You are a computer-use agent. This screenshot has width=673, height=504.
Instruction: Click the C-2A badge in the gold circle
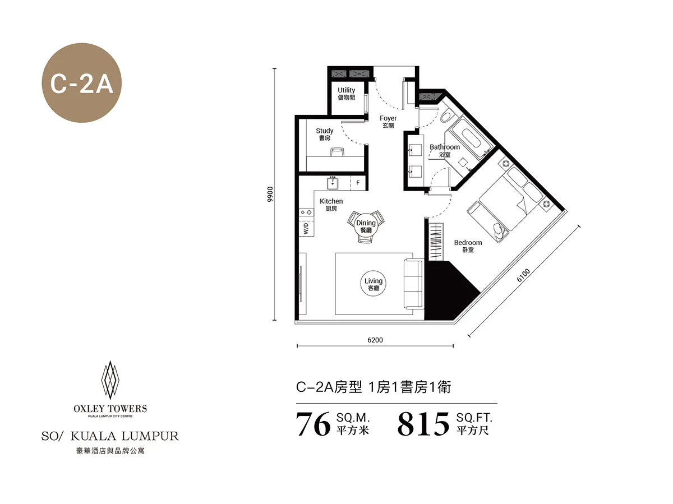[x=82, y=85]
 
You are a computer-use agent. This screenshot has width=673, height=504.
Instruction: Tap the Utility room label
[x=346, y=93]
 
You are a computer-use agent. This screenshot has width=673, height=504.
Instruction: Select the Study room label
[x=324, y=134]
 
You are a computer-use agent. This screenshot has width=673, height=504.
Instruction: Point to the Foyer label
[x=388, y=122]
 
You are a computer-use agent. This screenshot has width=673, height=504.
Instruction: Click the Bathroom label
[x=445, y=150]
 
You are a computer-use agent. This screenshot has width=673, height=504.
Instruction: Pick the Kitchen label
[x=331, y=205]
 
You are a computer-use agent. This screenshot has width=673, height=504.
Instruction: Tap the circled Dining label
[x=366, y=226]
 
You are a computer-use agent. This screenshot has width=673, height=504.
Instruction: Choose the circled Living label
[x=374, y=284]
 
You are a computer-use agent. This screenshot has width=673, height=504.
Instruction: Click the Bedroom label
[x=468, y=246]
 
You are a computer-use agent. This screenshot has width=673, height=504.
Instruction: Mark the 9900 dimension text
[x=270, y=194]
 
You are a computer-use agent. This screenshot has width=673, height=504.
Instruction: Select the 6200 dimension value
[x=375, y=340]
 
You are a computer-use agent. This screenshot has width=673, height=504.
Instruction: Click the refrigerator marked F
[x=357, y=183]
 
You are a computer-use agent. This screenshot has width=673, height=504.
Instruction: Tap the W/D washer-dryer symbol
[x=306, y=228]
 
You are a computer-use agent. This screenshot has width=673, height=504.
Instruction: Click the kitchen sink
[x=334, y=183]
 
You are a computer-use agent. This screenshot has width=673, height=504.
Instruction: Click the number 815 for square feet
[x=423, y=424]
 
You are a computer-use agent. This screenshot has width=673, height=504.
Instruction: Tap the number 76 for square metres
[x=313, y=424]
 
